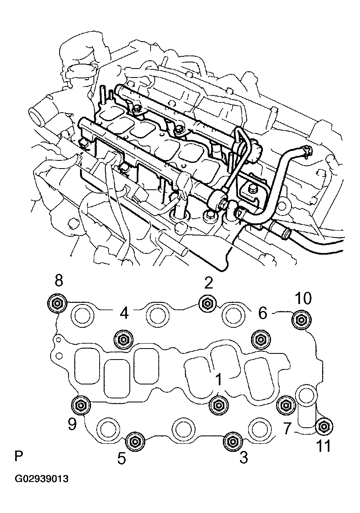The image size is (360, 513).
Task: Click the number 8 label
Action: (59, 282)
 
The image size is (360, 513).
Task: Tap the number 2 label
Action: (209, 283)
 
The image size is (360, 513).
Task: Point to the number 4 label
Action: (124, 313)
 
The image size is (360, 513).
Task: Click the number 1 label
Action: (219, 380)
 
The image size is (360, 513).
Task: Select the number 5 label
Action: (122, 459)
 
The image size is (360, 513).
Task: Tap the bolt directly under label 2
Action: (206, 303)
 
